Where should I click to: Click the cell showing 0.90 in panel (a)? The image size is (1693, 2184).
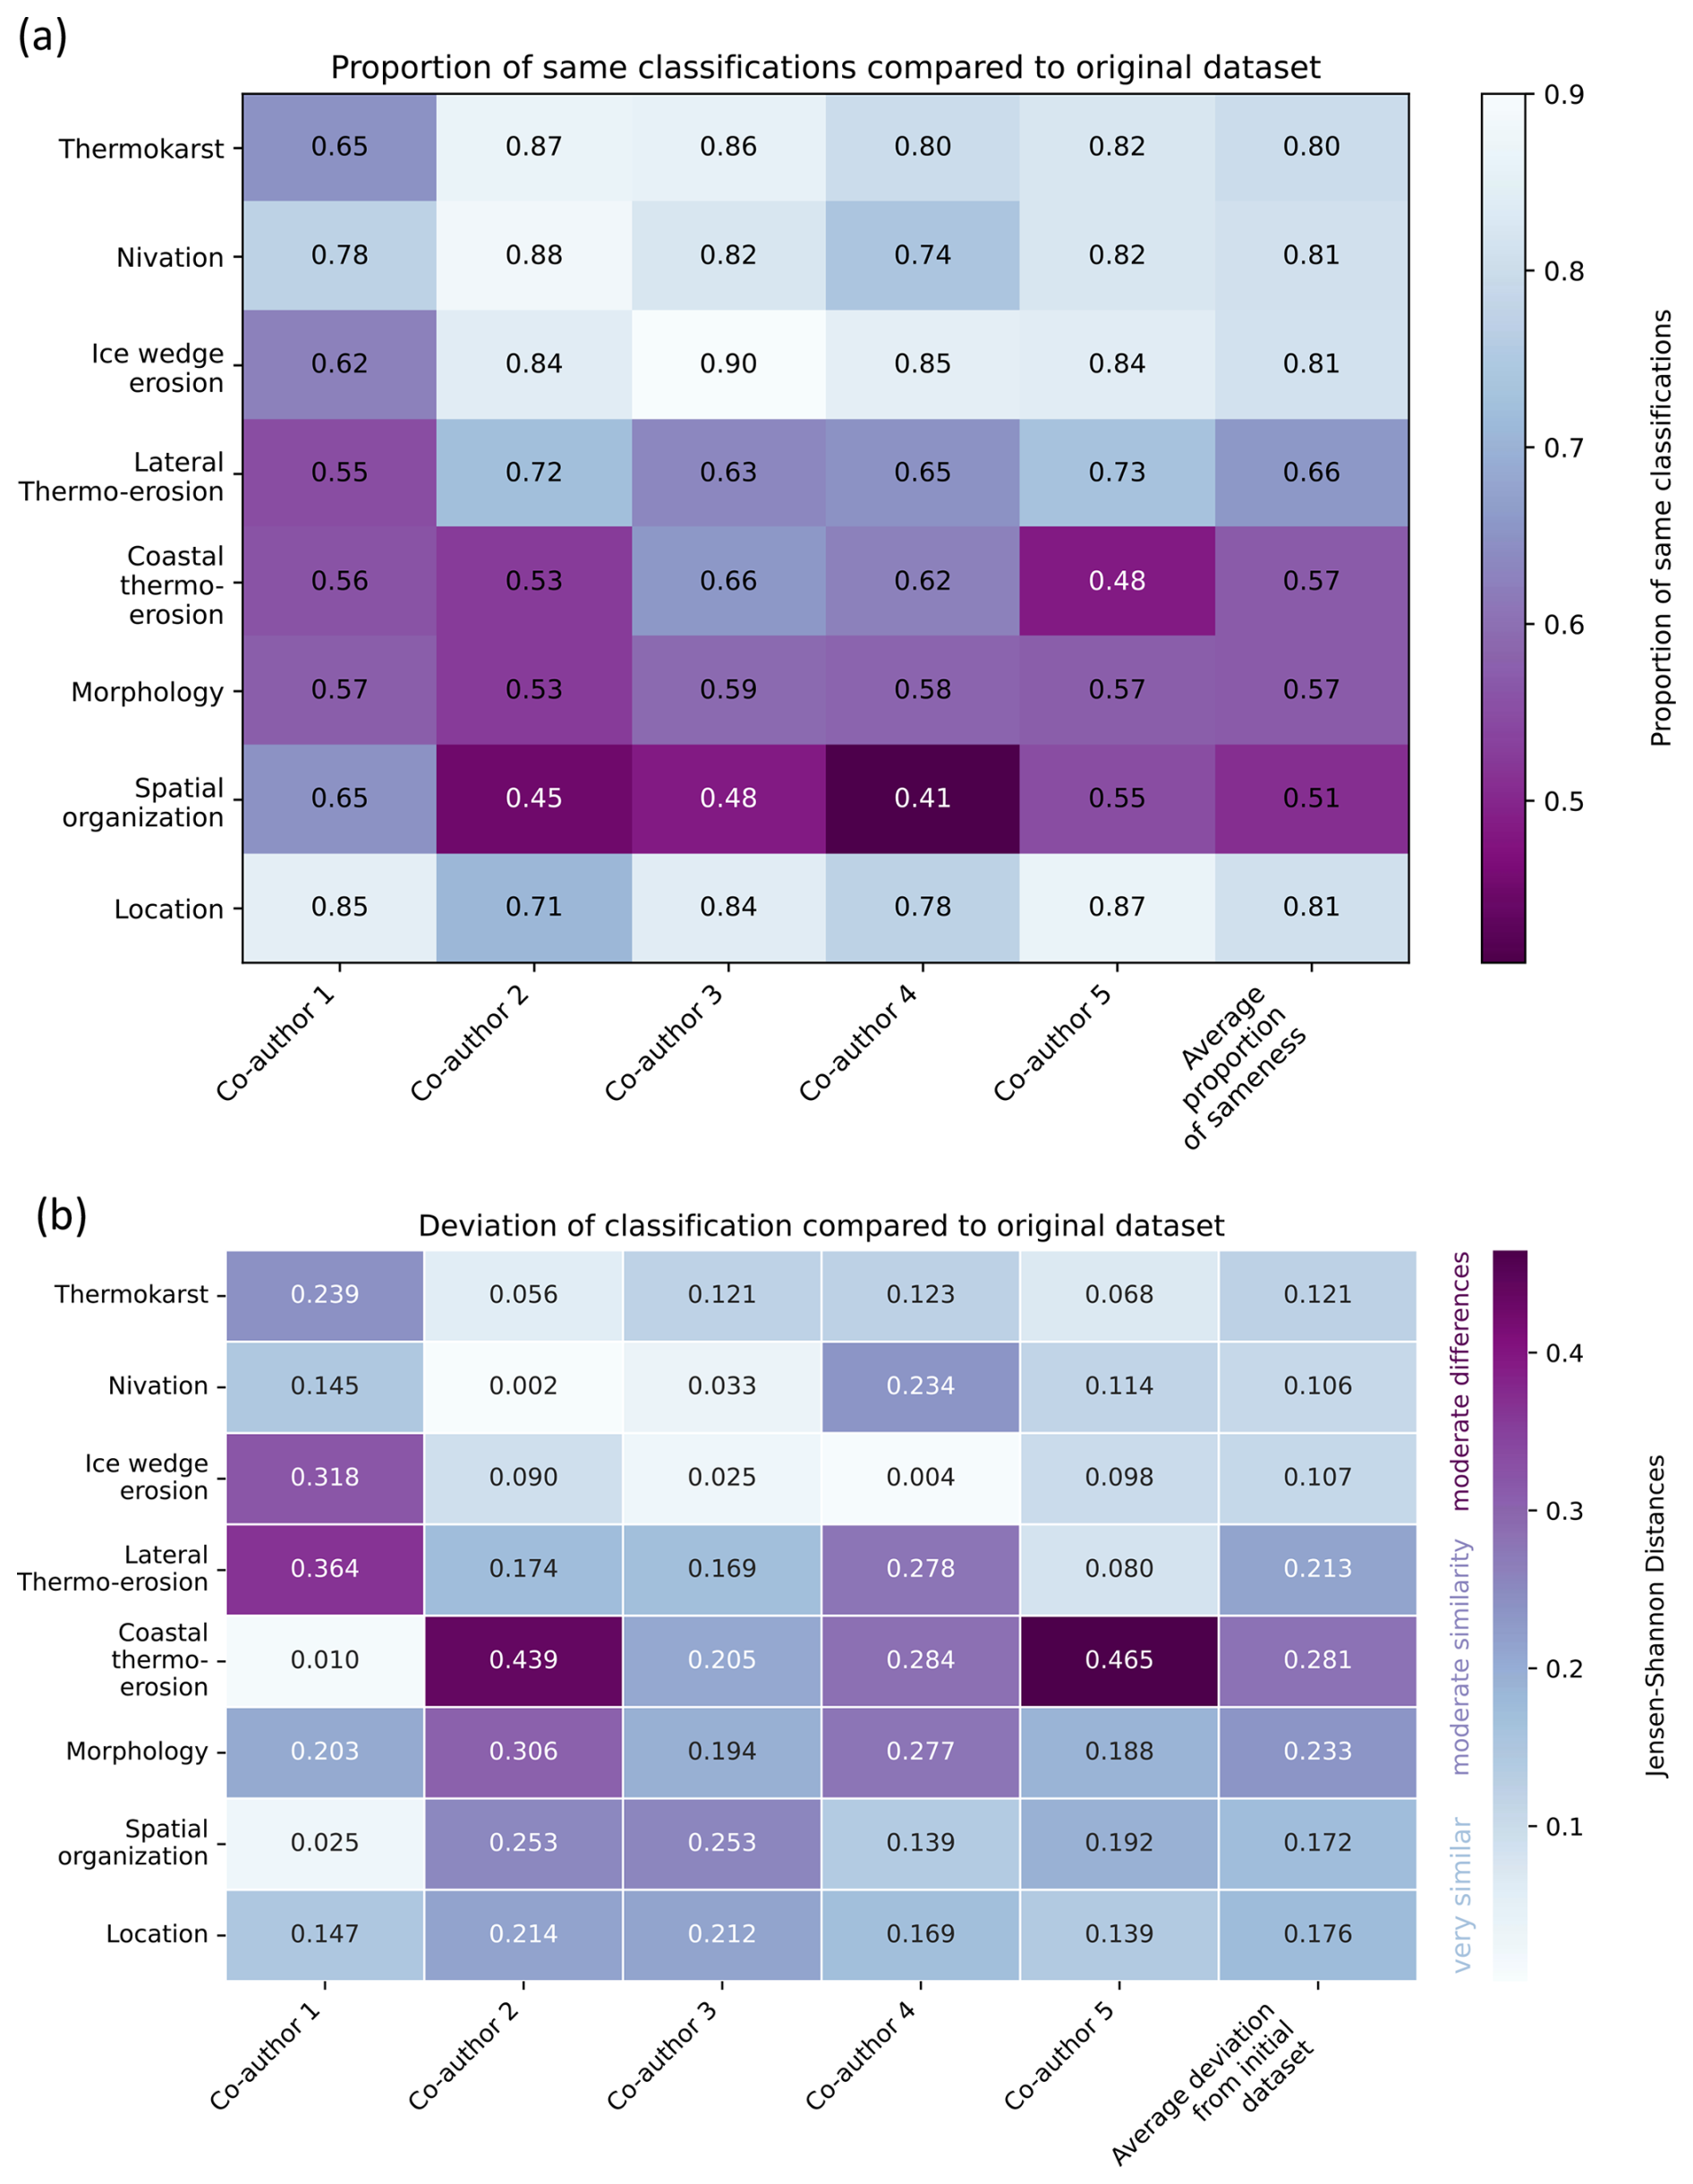click(x=728, y=364)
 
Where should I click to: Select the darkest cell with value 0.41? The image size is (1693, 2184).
click(x=922, y=798)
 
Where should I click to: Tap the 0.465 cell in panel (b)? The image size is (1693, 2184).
click(x=1119, y=1660)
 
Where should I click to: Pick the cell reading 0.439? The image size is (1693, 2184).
click(x=523, y=1660)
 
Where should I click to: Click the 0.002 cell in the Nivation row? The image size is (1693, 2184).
click(x=523, y=1386)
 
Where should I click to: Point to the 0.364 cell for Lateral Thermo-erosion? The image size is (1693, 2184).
click(x=325, y=1568)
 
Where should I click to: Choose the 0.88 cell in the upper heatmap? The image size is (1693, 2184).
click(x=533, y=255)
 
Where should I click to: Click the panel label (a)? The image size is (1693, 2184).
click(x=43, y=37)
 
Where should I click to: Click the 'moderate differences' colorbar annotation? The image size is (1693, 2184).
click(x=1461, y=1381)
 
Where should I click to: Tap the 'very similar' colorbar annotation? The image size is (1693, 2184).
click(x=1461, y=1894)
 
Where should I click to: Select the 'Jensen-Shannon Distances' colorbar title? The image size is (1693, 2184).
click(x=1657, y=1616)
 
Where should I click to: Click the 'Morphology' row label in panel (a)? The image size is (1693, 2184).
click(x=147, y=692)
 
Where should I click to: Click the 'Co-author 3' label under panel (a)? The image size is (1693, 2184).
click(x=663, y=1042)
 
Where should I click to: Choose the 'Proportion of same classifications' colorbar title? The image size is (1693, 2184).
click(x=1661, y=528)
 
